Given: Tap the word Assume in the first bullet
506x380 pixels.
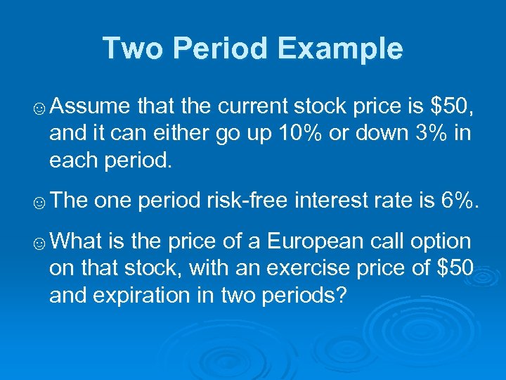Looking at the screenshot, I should tap(90, 106).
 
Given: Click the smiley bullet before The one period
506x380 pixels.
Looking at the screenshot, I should tap(41, 203).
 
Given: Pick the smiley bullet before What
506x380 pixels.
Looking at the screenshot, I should tap(41, 243).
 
